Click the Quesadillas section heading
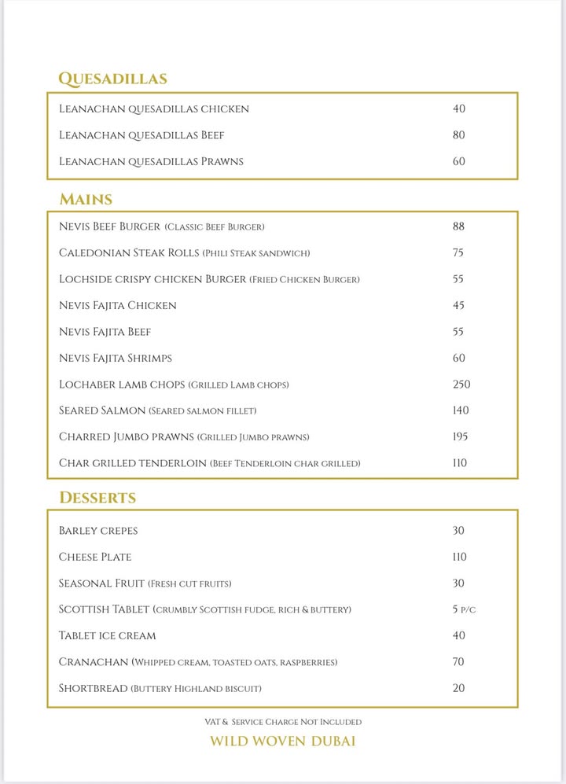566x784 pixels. click(112, 79)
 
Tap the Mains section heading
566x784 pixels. click(86, 199)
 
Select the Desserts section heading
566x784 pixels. click(97, 498)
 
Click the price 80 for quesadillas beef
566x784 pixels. click(459, 135)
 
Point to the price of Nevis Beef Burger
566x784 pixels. click(459, 226)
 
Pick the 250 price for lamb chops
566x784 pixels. click(461, 385)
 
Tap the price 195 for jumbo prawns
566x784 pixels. click(461, 436)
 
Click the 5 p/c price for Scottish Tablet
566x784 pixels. click(464, 609)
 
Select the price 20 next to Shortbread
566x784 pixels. click(459, 688)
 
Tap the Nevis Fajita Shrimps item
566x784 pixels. click(116, 358)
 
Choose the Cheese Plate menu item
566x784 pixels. click(95, 557)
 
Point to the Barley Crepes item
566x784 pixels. click(98, 531)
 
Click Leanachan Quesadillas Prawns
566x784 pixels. click(151, 161)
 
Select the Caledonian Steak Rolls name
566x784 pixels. click(128, 253)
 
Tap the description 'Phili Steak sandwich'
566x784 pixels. click(256, 253)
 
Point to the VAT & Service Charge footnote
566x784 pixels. click(282, 721)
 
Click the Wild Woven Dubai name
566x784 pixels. click(282, 742)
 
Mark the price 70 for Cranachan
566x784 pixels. click(459, 662)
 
